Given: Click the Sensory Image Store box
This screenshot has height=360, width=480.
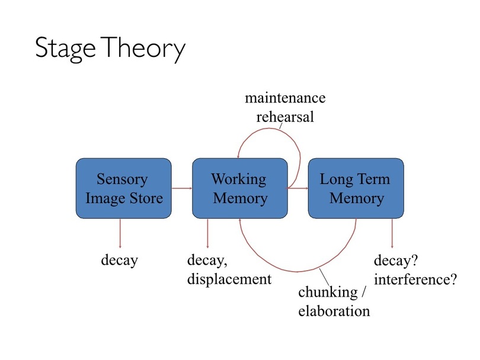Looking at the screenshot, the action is point(124,188).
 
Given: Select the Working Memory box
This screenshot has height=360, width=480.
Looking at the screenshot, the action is point(240,188).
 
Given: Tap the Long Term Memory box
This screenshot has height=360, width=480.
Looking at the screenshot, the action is point(356,188).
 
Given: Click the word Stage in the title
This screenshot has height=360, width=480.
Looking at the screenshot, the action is point(65,49).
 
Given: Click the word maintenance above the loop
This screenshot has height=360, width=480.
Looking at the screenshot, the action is point(285,98).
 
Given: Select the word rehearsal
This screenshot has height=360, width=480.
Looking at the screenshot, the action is point(285,117).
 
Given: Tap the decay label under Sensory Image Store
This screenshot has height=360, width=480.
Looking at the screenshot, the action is point(119,261).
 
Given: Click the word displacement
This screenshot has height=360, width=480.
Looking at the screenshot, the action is point(229,279).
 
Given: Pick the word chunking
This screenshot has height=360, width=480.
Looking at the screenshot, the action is point(328,292).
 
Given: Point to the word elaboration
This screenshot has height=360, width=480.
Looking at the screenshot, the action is point(334,311).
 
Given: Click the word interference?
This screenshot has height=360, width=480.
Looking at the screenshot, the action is point(415,279).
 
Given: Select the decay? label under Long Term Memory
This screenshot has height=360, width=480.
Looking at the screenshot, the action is point(396,261).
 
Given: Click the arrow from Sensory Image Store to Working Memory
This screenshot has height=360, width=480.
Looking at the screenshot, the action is point(182,188).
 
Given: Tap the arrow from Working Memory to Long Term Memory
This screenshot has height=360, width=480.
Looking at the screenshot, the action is point(298,188).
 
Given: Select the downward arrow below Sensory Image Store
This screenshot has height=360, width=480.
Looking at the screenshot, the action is point(120,233).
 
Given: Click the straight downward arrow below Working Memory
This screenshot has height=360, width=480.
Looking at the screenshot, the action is point(207,233).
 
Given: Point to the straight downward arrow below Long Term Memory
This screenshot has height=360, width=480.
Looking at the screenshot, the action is point(392,233).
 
